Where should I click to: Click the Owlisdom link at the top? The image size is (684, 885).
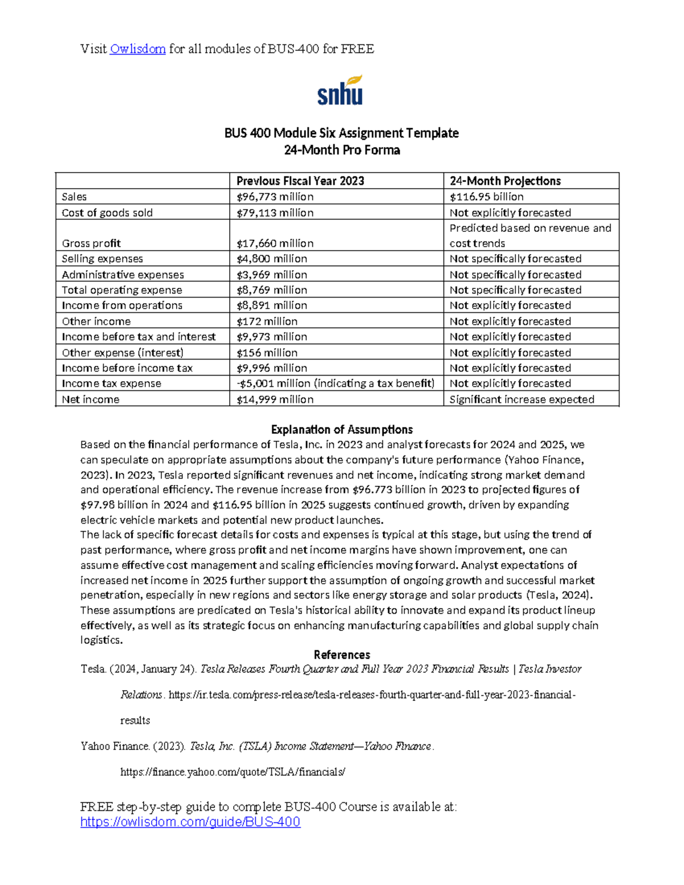point(137,49)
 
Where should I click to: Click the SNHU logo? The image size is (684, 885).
point(340,91)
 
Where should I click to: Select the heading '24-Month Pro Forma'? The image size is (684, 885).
point(341,150)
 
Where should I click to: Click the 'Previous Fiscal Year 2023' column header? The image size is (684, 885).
point(300,181)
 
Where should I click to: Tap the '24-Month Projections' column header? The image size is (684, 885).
point(505,181)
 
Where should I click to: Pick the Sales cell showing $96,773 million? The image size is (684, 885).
point(275,197)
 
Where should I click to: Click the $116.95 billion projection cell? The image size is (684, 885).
point(486,197)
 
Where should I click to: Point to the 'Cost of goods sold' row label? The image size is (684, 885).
point(107,213)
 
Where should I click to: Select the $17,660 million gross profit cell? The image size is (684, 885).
point(275,243)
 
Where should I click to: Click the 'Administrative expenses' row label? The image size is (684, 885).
point(123,275)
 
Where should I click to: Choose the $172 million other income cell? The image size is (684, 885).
point(267,321)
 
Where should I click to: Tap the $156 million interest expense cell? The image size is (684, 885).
point(267,353)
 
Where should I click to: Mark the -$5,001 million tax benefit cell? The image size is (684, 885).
point(335,384)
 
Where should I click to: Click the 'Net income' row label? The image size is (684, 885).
point(91,399)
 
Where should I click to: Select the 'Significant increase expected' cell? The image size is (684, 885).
point(522,399)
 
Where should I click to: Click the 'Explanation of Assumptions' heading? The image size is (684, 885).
point(341,430)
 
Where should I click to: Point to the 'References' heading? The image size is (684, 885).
point(341,655)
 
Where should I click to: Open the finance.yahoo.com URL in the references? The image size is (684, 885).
point(233,772)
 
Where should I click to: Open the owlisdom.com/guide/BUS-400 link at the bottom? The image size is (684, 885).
point(190,822)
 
